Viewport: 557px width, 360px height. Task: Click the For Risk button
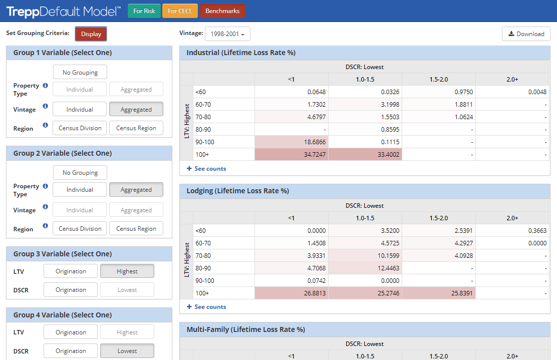point(144,11)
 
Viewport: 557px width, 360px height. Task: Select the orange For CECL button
point(180,11)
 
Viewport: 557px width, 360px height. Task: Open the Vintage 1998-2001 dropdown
point(227,34)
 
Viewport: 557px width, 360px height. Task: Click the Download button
point(526,34)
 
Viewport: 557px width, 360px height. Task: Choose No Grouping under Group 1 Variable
point(80,72)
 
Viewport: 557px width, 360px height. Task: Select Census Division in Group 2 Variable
point(80,229)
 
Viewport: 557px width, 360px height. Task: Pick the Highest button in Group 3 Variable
point(127,271)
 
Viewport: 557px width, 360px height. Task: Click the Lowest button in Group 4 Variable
point(127,351)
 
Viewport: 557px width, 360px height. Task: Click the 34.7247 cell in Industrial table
point(292,155)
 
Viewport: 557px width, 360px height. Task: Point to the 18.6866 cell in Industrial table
point(292,142)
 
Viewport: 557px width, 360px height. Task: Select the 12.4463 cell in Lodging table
point(365,268)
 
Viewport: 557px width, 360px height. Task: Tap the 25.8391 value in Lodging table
point(439,293)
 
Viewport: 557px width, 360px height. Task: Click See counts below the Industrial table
point(206,169)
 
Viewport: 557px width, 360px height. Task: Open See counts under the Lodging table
point(206,307)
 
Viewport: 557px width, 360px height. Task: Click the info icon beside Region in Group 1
point(45,125)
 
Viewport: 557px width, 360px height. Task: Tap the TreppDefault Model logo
point(63,11)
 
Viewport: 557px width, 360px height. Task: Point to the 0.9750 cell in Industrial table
point(439,92)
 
